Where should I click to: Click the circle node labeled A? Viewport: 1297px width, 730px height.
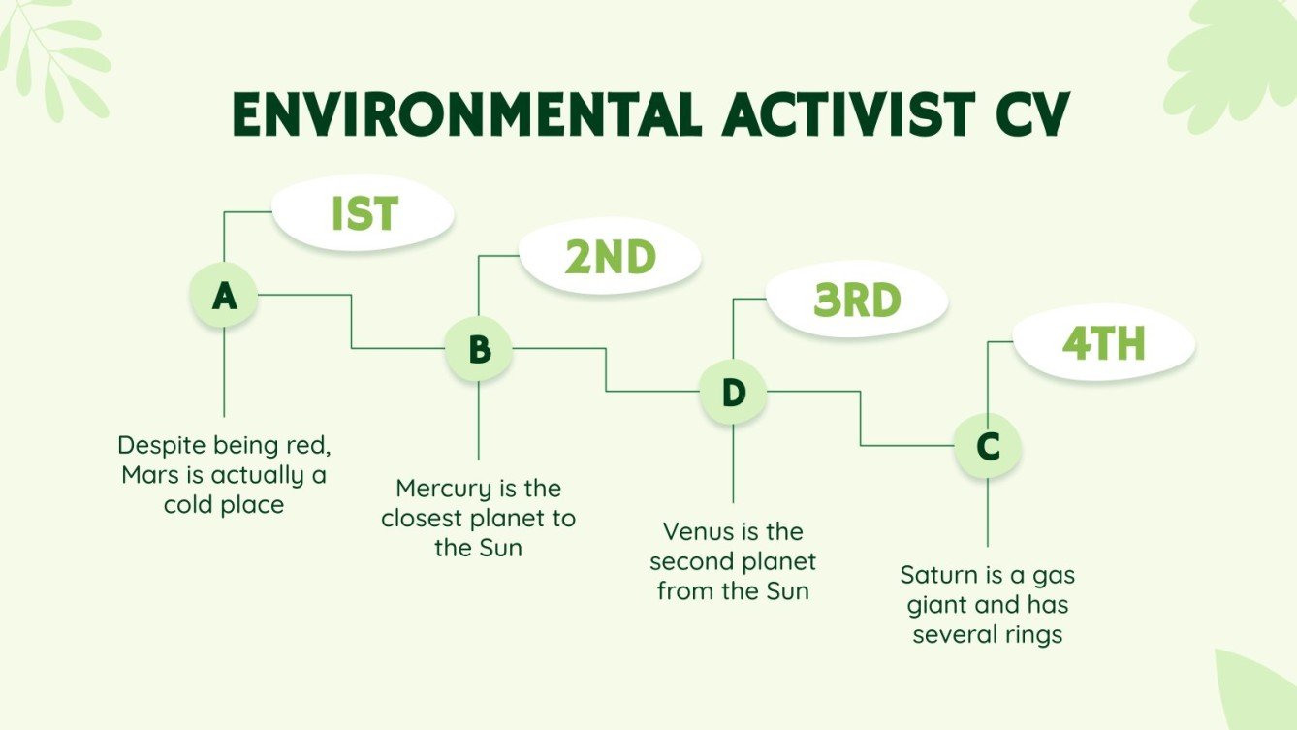coord(224,295)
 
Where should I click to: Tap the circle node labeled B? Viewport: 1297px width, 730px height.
coord(479,348)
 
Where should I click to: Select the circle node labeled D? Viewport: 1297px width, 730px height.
coord(733,393)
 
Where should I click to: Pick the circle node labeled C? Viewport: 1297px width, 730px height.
coord(987,446)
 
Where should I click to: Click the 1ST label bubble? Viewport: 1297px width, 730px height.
coord(364,214)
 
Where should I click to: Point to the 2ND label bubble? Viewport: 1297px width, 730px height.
coord(610,258)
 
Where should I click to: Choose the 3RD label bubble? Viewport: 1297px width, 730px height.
coord(857,302)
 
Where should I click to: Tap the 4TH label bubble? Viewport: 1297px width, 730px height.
coord(1103,344)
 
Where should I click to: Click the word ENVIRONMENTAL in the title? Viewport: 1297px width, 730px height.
coord(466,116)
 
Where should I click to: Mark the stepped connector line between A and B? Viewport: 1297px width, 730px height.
coord(351,321)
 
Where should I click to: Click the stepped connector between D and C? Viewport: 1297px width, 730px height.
coord(861,419)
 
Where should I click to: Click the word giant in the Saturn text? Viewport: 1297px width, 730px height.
coord(936,605)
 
